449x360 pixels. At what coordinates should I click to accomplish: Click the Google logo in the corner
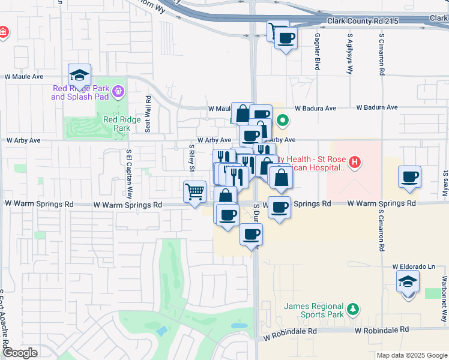[20, 353]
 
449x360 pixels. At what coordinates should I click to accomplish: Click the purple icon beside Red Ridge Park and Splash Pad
[118, 92]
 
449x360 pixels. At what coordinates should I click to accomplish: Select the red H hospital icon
[355, 162]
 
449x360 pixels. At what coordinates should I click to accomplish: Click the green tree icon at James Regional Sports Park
[354, 309]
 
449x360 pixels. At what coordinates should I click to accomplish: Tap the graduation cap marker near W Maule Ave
[79, 76]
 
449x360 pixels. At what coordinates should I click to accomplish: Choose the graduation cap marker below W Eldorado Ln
[408, 281]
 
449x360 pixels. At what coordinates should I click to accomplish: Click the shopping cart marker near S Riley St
[195, 193]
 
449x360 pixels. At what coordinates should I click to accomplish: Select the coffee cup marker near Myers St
[410, 177]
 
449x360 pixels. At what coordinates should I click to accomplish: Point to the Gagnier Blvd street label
[316, 52]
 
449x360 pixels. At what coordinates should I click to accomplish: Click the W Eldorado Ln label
[413, 266]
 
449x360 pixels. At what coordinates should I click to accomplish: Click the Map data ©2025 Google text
[411, 355]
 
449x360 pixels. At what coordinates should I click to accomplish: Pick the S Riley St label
[191, 157]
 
